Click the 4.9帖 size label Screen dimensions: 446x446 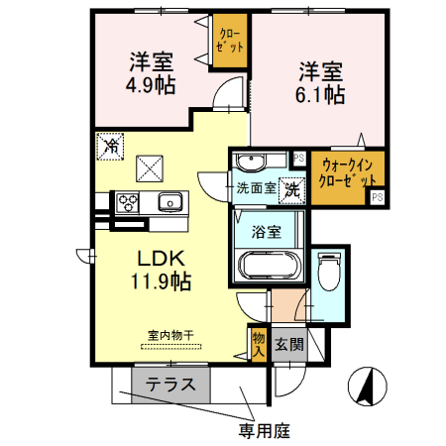click(151, 85)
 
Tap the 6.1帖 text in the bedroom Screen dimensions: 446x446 click(319, 96)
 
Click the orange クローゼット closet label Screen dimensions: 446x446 click(230, 42)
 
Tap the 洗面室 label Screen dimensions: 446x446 click(256, 186)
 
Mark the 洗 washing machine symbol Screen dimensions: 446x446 click(292, 186)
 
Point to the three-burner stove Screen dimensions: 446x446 click(129, 202)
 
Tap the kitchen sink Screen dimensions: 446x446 click(168, 202)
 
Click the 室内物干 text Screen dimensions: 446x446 click(170, 335)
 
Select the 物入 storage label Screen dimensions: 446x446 click(259, 343)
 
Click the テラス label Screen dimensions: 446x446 click(169, 386)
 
